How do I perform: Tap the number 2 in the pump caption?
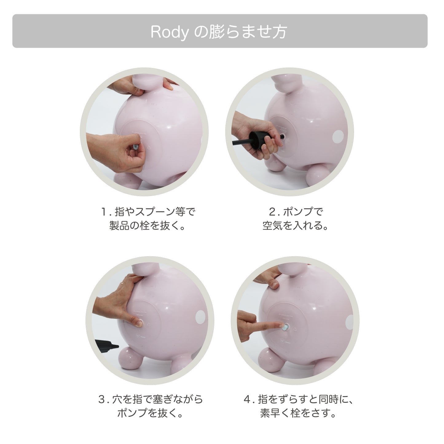tap(272, 212)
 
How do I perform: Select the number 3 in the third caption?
tap(102, 400)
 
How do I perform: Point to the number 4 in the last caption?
tap(248, 400)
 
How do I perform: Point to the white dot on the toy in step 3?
tap(201, 317)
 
